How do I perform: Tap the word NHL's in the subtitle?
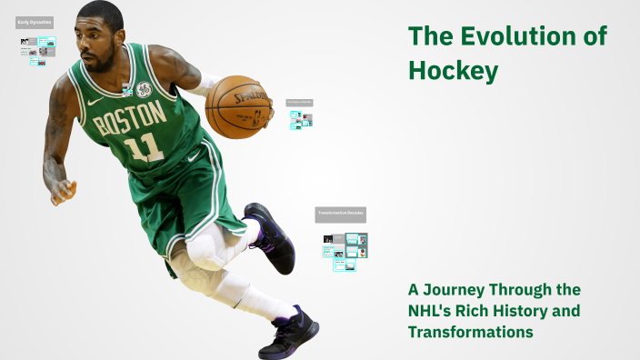[x=434, y=310]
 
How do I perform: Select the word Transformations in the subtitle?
[x=469, y=332]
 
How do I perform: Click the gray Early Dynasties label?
[x=35, y=21]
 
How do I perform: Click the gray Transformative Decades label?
[x=340, y=215]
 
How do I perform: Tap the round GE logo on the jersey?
[x=144, y=89]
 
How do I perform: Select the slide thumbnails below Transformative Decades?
[x=345, y=249]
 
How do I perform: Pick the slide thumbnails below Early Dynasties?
[x=37, y=49]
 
